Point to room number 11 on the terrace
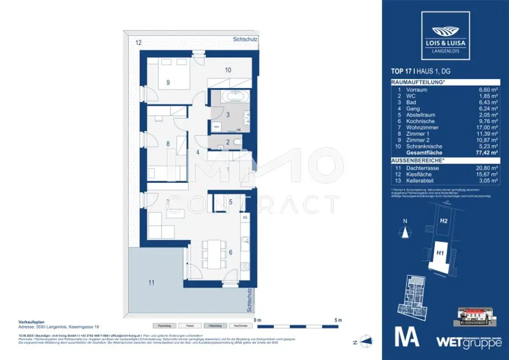pos(151,282)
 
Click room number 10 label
pos(228,70)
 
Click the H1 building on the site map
pos(440,254)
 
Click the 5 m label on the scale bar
pos(338,320)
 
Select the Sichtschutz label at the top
pos(245,39)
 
